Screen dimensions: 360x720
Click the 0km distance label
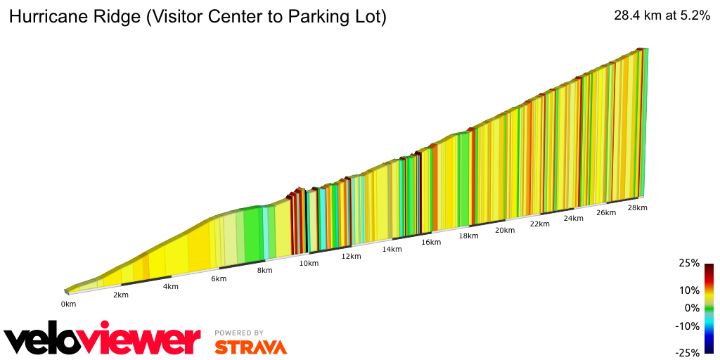68,304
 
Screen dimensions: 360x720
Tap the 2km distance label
121,295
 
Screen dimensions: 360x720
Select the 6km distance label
219,279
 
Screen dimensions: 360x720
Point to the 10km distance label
309,264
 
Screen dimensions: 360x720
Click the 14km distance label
392,250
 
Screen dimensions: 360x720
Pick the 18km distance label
468,236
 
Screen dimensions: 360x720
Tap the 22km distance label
539,224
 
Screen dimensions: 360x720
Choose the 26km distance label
606,213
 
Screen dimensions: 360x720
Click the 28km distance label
637,208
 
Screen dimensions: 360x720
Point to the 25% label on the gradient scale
690,263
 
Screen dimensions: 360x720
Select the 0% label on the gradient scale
693,308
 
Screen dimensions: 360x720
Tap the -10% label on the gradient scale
689,326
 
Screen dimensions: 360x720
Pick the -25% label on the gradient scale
689,353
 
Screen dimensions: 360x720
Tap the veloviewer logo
103,340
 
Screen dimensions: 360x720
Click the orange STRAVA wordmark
250,347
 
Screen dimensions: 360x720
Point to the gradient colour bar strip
709,308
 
